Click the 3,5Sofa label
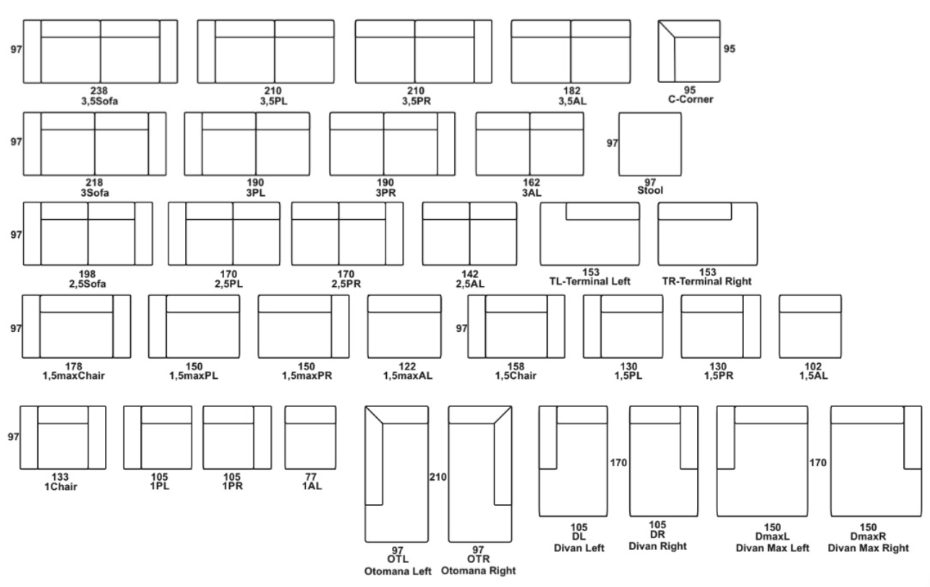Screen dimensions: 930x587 click(99, 101)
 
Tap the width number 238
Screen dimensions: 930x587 click(99, 90)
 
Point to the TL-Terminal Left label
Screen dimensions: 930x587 click(590, 281)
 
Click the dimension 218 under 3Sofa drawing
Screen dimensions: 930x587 click(94, 183)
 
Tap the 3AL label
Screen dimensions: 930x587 click(532, 193)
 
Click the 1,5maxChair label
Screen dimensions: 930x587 click(74, 376)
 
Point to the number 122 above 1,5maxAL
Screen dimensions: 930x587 click(407, 367)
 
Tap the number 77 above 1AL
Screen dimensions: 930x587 click(310, 477)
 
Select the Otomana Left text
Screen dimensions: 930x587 click(398, 572)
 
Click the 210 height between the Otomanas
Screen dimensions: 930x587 click(438, 477)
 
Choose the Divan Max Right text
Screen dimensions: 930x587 click(868, 549)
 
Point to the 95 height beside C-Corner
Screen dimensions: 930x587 click(730, 49)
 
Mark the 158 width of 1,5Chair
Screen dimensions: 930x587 click(516, 367)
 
